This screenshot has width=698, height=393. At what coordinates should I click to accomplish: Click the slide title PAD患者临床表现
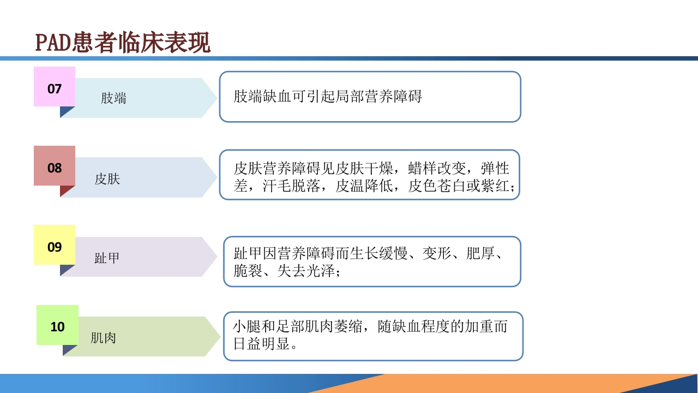pos(123,43)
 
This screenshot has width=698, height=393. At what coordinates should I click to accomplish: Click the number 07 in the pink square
pos(55,88)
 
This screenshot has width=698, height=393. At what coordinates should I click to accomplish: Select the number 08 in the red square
pos(55,168)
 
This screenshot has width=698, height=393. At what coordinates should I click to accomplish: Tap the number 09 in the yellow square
pos(55,247)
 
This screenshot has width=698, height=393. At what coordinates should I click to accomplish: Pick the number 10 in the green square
pos(57,327)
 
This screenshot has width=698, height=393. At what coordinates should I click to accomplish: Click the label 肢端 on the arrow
pos(113,98)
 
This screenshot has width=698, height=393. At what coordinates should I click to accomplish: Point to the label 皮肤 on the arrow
pos(107,178)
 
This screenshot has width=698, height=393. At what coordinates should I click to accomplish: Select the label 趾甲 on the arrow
pos(107,258)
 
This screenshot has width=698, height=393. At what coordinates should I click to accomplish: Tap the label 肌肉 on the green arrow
pos(103,338)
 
